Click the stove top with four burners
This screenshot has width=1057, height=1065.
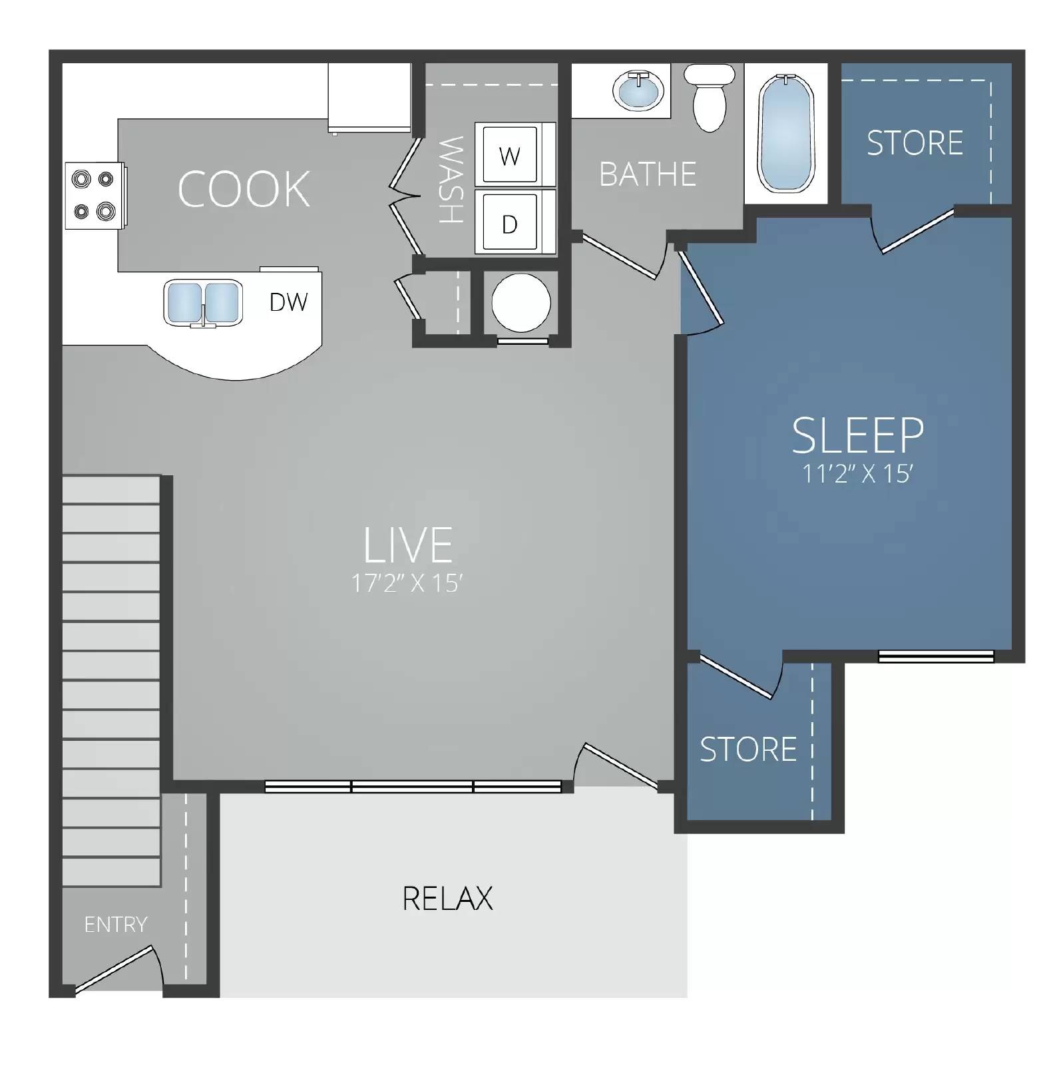tap(94, 196)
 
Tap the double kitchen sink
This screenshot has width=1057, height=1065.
tap(202, 303)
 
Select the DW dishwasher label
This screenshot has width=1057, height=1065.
tap(288, 302)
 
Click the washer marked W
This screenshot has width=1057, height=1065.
tap(510, 156)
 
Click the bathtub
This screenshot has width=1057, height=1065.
tap(786, 132)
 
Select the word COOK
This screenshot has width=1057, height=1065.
tap(244, 190)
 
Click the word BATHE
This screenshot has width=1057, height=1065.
tap(648, 174)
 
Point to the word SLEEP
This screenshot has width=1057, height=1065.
tap(858, 435)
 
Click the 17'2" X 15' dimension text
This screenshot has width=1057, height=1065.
tap(407, 584)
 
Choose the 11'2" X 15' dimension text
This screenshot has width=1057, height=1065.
tap(857, 474)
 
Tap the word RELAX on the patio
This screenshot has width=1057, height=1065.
tap(448, 899)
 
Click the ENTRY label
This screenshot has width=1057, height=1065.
tap(116, 925)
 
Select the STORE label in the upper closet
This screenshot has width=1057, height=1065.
tap(915, 143)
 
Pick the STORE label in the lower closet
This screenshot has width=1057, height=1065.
tap(748, 749)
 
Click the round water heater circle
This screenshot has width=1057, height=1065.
tap(521, 303)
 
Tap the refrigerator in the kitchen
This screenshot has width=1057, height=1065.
tap(369, 98)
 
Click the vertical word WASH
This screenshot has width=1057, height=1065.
tap(451, 180)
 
